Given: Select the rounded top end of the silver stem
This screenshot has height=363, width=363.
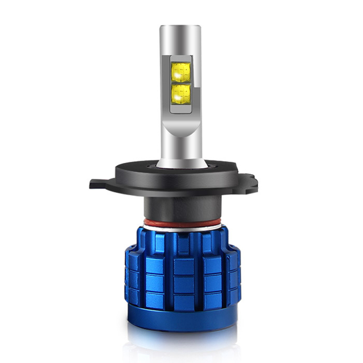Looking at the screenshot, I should tap(181, 29).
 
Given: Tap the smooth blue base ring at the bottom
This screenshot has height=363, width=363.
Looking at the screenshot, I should tap(181, 320).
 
